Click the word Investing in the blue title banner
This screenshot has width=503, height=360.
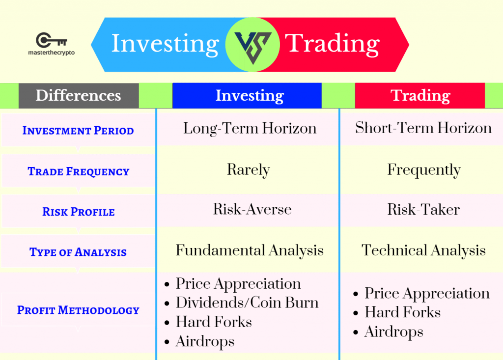(165, 44)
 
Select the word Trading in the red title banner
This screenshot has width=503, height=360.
(333, 44)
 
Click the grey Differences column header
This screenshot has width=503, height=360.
(79, 95)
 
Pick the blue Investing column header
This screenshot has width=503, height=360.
(250, 95)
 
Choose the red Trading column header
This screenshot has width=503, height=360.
(420, 95)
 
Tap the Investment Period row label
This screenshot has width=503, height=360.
(78, 131)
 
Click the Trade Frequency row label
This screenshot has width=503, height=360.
(78, 171)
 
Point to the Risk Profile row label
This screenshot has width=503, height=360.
(78, 212)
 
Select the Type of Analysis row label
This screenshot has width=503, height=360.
(78, 252)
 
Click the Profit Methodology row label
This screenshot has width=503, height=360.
(78, 310)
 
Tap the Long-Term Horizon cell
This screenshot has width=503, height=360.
(250, 129)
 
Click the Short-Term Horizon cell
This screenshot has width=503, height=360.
(423, 129)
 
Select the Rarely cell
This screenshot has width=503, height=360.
(249, 170)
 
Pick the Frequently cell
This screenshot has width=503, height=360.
(424, 170)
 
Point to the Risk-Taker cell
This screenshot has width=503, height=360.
(423, 210)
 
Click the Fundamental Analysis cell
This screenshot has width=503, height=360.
(250, 250)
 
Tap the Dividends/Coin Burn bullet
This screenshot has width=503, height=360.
(247, 303)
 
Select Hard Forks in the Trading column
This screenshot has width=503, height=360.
(402, 312)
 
